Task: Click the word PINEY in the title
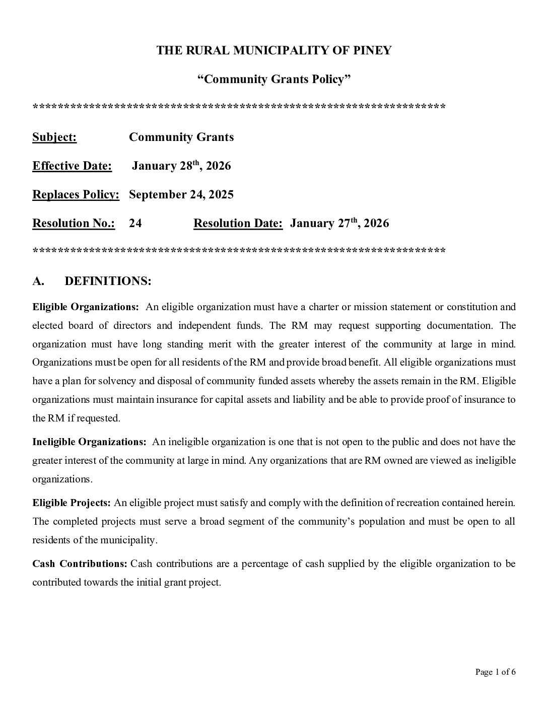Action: point(374,50)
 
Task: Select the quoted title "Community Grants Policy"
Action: point(273,79)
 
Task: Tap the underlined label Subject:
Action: point(54,137)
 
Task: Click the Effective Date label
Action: point(72,166)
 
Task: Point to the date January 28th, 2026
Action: point(181,166)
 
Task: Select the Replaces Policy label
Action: point(76,195)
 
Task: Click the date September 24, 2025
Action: point(181,195)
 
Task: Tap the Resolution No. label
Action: point(74,224)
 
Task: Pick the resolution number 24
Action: point(135,224)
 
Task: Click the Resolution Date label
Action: point(238,224)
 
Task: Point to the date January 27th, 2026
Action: point(339,224)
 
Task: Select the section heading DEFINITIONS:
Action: point(108,281)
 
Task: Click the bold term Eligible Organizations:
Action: point(86,307)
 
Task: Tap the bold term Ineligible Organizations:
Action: point(89,442)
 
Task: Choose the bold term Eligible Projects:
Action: point(72,503)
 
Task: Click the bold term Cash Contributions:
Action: point(80,563)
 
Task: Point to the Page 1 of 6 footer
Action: point(495,672)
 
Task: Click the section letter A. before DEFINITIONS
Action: point(38,281)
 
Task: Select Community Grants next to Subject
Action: point(181,137)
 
